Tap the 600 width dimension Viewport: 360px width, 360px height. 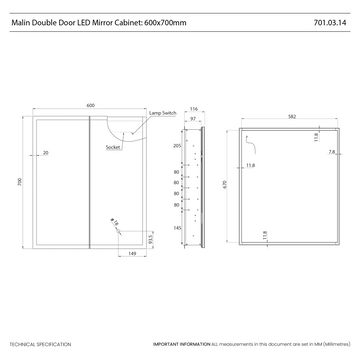pos(90,105)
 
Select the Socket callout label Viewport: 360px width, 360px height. pos(113,148)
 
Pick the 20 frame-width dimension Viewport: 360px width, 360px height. pos(47,153)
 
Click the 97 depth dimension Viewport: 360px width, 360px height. pos(193,117)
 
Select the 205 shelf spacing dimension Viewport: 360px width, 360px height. pos(177,146)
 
